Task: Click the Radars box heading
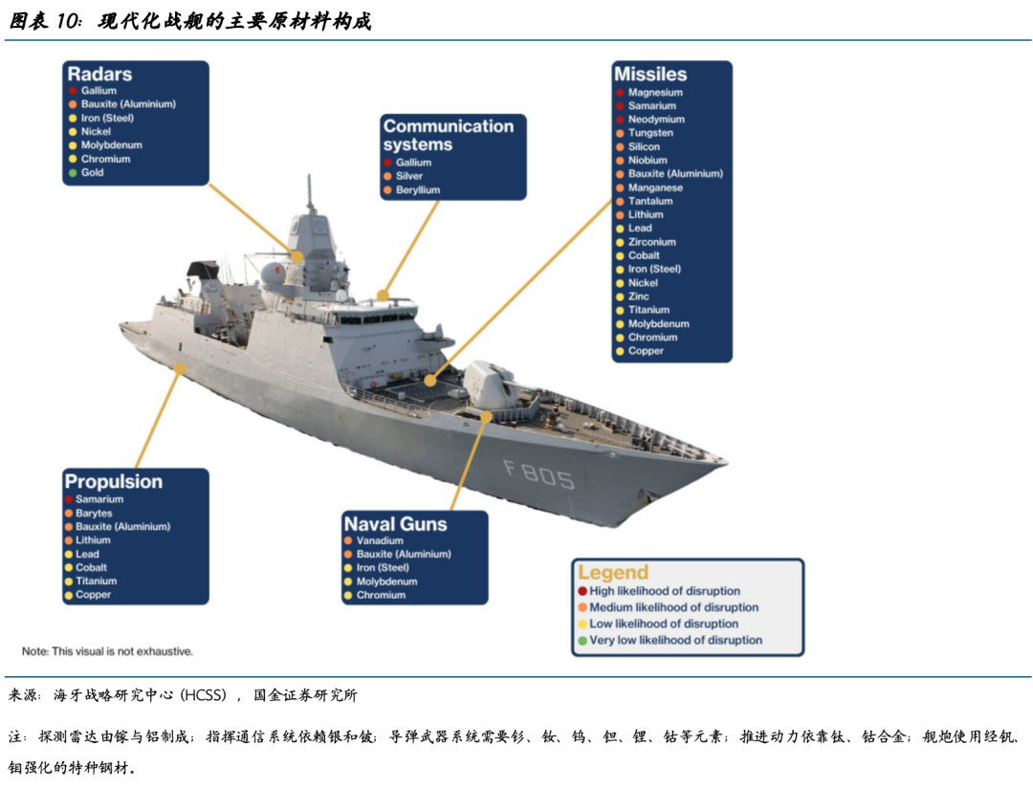(x=99, y=75)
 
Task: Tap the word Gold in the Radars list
(x=93, y=173)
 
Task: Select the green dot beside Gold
(x=71, y=173)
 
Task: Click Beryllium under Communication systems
(x=418, y=190)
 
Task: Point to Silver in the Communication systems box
(x=409, y=177)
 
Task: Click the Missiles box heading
(x=650, y=75)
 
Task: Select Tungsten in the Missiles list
(x=650, y=133)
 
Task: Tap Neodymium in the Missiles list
(x=656, y=120)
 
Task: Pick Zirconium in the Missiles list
(x=652, y=242)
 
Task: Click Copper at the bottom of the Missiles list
(x=646, y=351)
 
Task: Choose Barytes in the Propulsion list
(x=94, y=514)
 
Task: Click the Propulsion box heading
(x=113, y=482)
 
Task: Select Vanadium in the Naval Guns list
(x=380, y=540)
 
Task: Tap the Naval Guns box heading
(x=395, y=524)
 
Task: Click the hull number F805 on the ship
(x=539, y=473)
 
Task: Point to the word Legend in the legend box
(x=612, y=573)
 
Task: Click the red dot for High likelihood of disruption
(x=582, y=591)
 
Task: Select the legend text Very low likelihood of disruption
(x=675, y=640)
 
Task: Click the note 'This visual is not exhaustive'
(x=107, y=651)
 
